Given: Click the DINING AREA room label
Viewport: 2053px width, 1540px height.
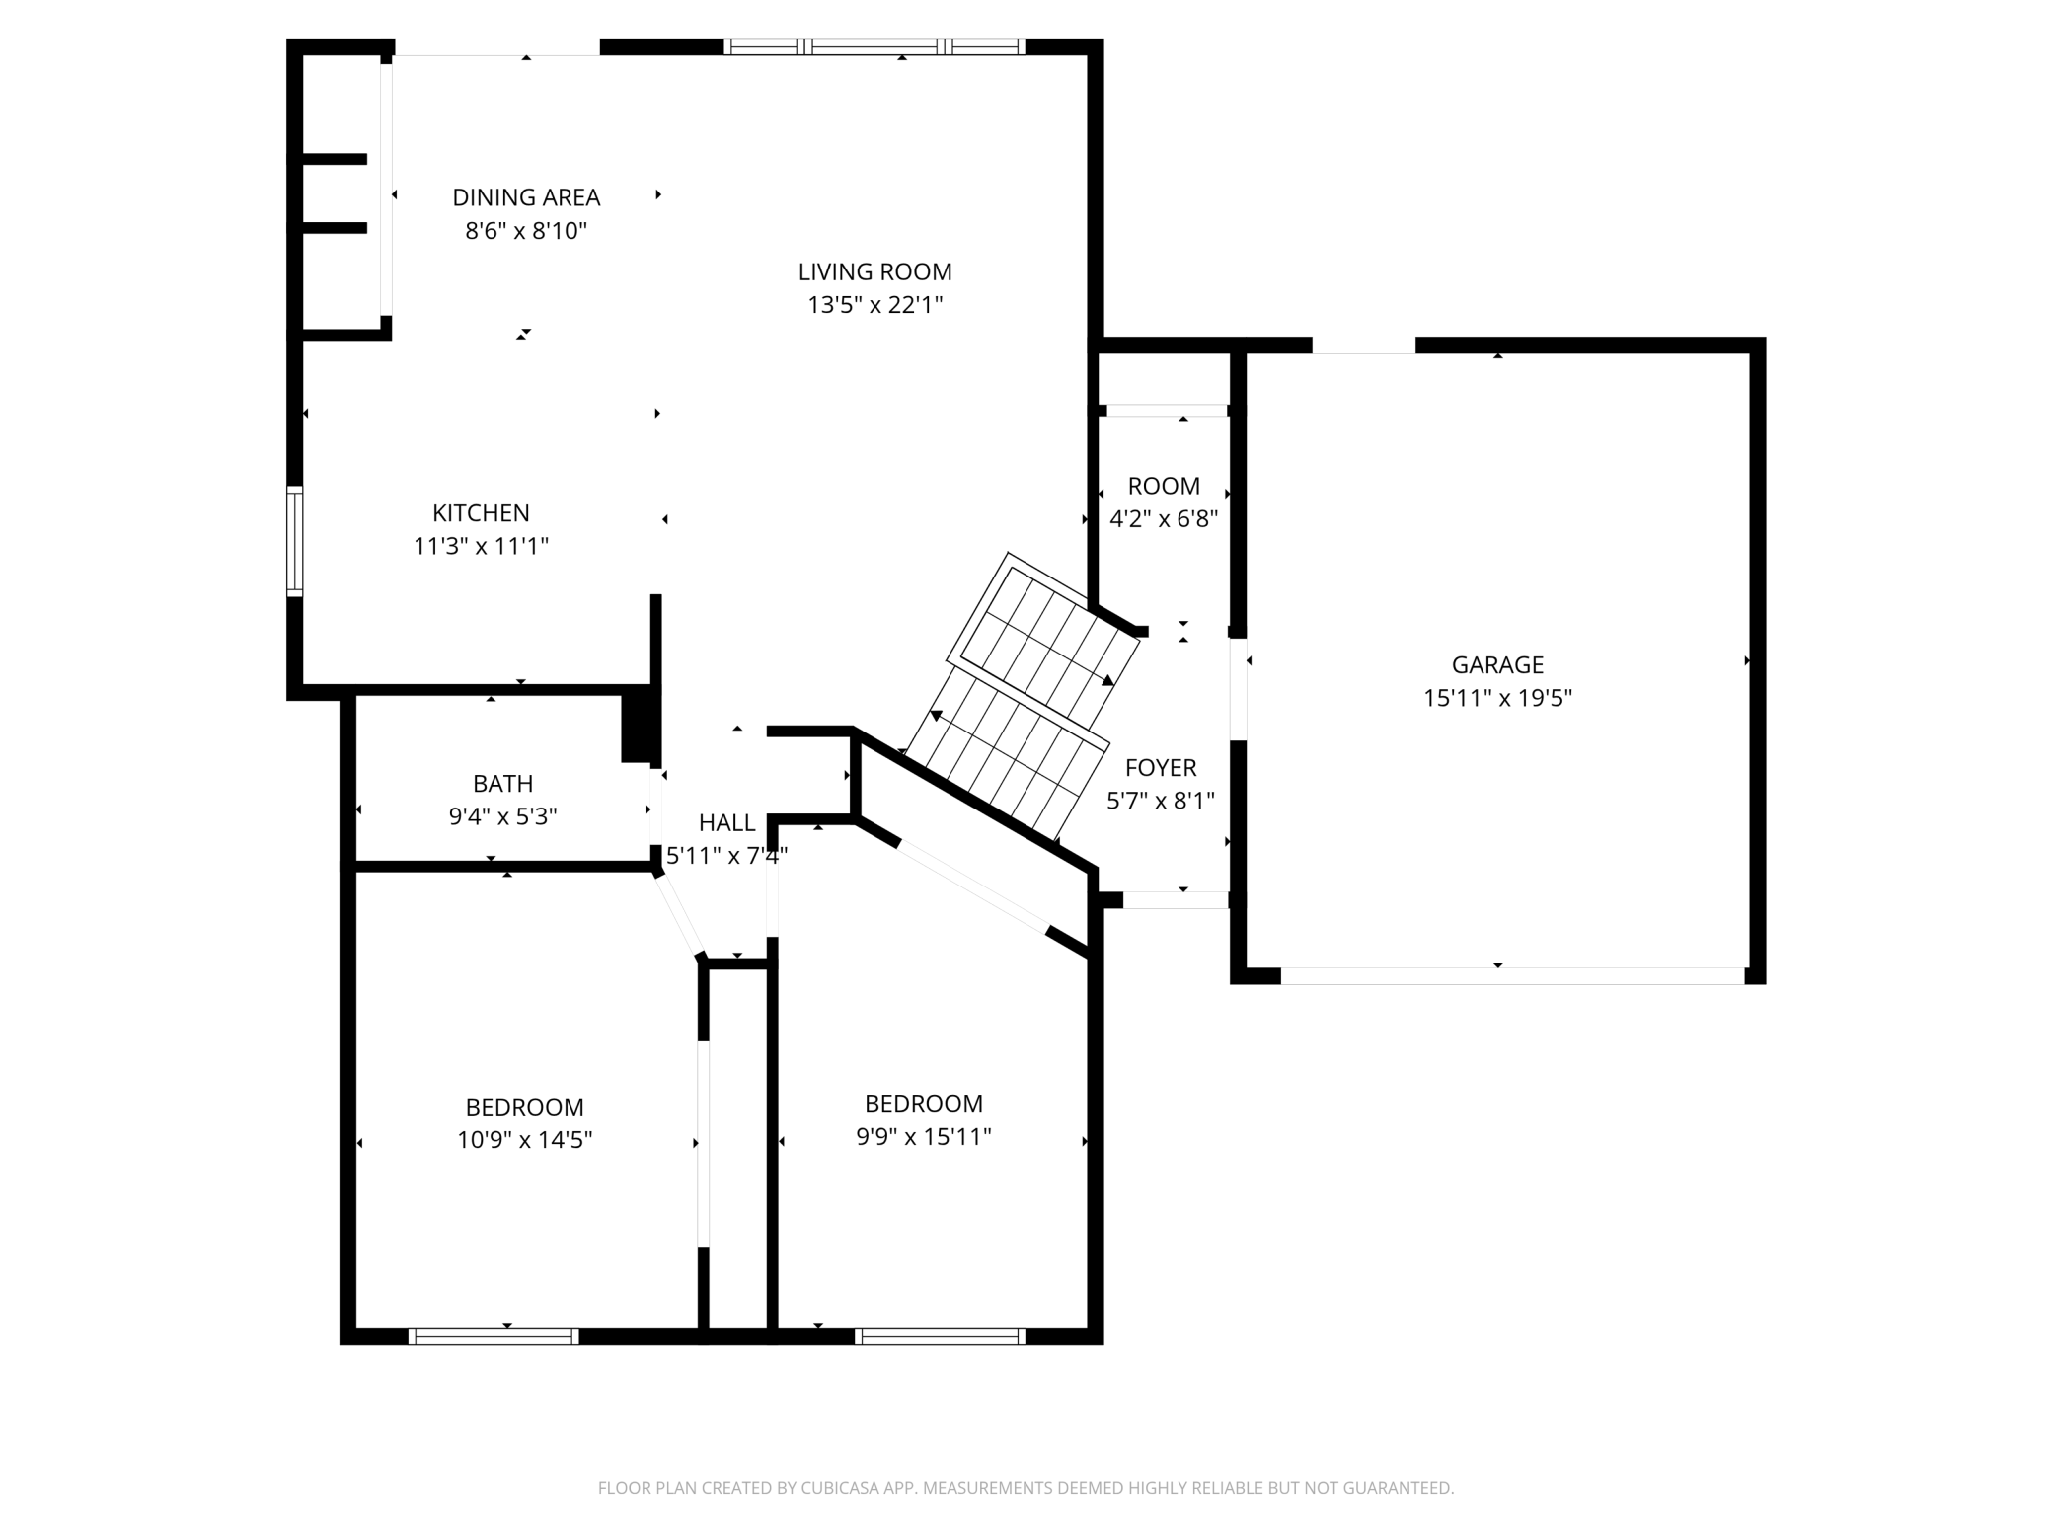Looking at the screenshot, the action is coord(526,197).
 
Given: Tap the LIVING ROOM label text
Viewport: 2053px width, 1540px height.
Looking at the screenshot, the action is coord(875,271).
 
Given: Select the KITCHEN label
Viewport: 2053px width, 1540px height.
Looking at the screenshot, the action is coord(481,513).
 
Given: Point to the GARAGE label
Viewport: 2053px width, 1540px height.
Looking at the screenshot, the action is coord(1497,665).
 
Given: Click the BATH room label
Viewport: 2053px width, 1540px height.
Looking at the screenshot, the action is coord(503,784).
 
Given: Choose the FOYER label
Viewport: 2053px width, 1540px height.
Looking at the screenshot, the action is coord(1161,768).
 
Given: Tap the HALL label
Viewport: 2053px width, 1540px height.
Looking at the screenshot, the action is coord(727,823).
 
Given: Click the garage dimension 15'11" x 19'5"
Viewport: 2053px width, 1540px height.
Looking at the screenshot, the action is coord(1497,698).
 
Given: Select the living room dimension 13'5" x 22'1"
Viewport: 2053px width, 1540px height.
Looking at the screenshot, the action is coord(875,305).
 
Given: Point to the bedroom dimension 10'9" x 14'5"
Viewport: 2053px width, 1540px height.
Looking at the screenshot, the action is coord(524,1140).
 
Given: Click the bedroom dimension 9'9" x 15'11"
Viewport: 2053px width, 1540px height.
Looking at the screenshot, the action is coord(924,1137).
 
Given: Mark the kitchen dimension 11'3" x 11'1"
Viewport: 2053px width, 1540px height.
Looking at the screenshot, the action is coord(481,546).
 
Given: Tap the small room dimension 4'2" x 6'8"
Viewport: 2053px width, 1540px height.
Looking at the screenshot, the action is coord(1164,519).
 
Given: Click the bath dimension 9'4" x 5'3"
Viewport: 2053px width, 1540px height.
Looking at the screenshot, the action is coord(503,817).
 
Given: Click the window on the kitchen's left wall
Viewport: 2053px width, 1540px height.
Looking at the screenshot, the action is coord(294,541).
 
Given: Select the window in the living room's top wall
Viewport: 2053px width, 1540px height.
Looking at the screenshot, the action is coord(874,46).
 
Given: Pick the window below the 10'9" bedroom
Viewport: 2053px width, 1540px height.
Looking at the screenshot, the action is coord(494,1336).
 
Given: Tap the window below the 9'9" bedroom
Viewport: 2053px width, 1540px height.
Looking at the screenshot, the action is coord(940,1336).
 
